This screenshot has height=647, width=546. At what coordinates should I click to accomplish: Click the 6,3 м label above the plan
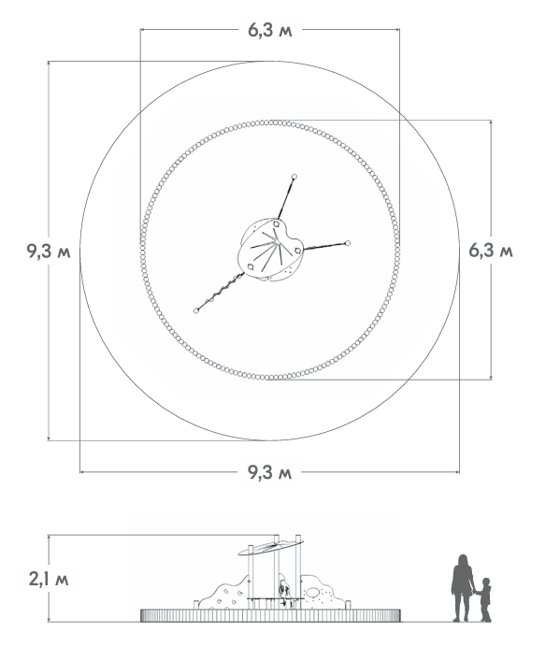point(270,30)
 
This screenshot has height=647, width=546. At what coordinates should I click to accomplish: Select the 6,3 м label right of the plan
point(491,251)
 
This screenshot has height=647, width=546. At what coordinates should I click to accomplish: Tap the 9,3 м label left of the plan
point(49,251)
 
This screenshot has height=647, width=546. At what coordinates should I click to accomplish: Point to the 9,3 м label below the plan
point(270,471)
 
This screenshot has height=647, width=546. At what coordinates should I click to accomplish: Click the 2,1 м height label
point(49,579)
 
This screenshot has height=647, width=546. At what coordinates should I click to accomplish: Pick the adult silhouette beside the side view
point(462,587)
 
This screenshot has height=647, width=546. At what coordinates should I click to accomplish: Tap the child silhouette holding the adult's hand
point(483,599)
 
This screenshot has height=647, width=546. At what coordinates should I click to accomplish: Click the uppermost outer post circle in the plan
point(295,177)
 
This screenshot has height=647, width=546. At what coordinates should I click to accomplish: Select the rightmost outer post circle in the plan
point(348,243)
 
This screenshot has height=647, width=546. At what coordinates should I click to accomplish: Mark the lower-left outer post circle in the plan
point(196,310)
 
